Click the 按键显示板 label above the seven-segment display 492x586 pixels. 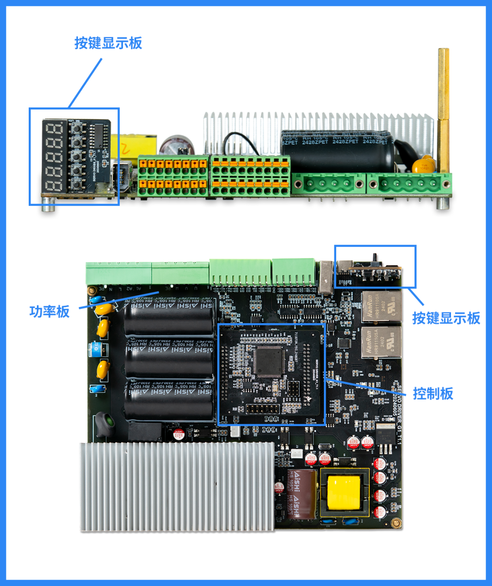pos(108,43)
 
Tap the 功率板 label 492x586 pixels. pos(49,312)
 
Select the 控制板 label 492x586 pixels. pos(433,393)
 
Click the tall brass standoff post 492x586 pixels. pos(443,109)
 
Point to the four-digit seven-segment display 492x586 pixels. pos(55,156)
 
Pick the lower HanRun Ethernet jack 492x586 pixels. pos(381,342)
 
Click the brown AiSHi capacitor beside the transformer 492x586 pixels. pos(301,495)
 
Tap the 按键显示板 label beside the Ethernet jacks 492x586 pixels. pos(446,318)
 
